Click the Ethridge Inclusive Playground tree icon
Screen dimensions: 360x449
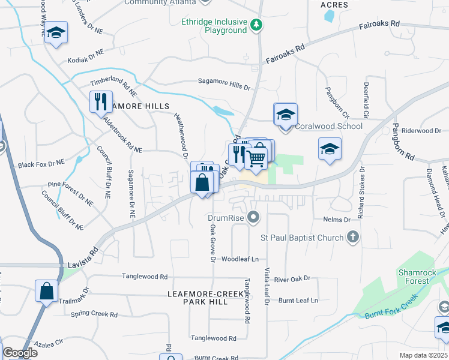tap(257, 25)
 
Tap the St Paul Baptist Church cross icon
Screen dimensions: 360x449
tap(354, 238)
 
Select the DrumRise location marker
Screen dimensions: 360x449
tap(254, 217)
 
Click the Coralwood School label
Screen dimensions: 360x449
tap(328, 126)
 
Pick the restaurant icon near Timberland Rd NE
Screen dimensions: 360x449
tap(101, 101)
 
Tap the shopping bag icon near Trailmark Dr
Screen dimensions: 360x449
tap(46, 292)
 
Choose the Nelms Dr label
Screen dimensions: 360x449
tap(336, 220)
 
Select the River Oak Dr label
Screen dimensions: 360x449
tap(292, 278)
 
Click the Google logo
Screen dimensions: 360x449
tap(20, 353)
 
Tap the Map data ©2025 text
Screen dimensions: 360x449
tap(423, 355)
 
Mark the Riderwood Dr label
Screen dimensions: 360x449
tap(421, 131)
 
